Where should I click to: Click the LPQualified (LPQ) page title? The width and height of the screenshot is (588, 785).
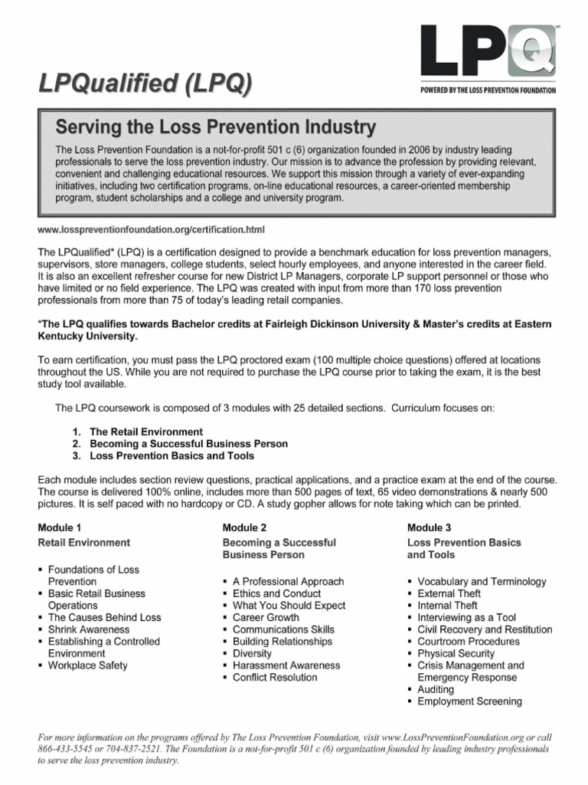(x=144, y=84)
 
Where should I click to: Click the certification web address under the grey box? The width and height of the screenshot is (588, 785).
(x=151, y=229)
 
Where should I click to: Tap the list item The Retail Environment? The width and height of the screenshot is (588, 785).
(x=146, y=432)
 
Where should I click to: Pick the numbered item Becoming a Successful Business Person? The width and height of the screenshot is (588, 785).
(x=188, y=444)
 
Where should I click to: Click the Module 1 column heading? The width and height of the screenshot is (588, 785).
(x=60, y=527)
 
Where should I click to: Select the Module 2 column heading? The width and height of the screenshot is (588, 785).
(x=244, y=527)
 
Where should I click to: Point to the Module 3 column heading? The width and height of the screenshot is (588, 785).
(x=429, y=527)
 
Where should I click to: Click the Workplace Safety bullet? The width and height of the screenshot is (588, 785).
(x=88, y=665)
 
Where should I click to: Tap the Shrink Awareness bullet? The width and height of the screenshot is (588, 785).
(x=89, y=629)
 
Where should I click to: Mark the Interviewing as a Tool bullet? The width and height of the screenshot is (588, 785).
(x=467, y=617)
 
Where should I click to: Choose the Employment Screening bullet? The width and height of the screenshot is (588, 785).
(x=470, y=701)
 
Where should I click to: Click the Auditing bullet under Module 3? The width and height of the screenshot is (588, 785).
(x=436, y=689)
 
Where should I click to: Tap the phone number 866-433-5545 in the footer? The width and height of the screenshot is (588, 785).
(x=66, y=749)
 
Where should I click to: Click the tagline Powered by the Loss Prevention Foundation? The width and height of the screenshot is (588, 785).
(x=488, y=90)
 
